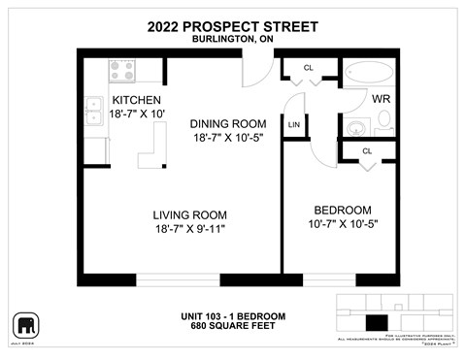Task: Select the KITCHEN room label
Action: (136, 101)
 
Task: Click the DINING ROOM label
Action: (227, 123)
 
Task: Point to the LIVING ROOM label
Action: (189, 214)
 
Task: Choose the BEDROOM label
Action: (342, 211)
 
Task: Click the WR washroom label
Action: (381, 98)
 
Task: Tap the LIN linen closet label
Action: (294, 125)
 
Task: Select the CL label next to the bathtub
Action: (308, 68)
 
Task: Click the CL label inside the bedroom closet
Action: (366, 151)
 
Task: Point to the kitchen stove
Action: (123, 70)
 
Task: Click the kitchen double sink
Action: (94, 113)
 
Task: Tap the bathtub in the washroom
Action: (369, 72)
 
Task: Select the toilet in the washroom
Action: (383, 121)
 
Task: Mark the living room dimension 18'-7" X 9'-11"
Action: (189, 229)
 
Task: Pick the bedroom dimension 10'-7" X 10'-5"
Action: (342, 225)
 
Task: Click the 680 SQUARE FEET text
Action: (232, 325)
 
